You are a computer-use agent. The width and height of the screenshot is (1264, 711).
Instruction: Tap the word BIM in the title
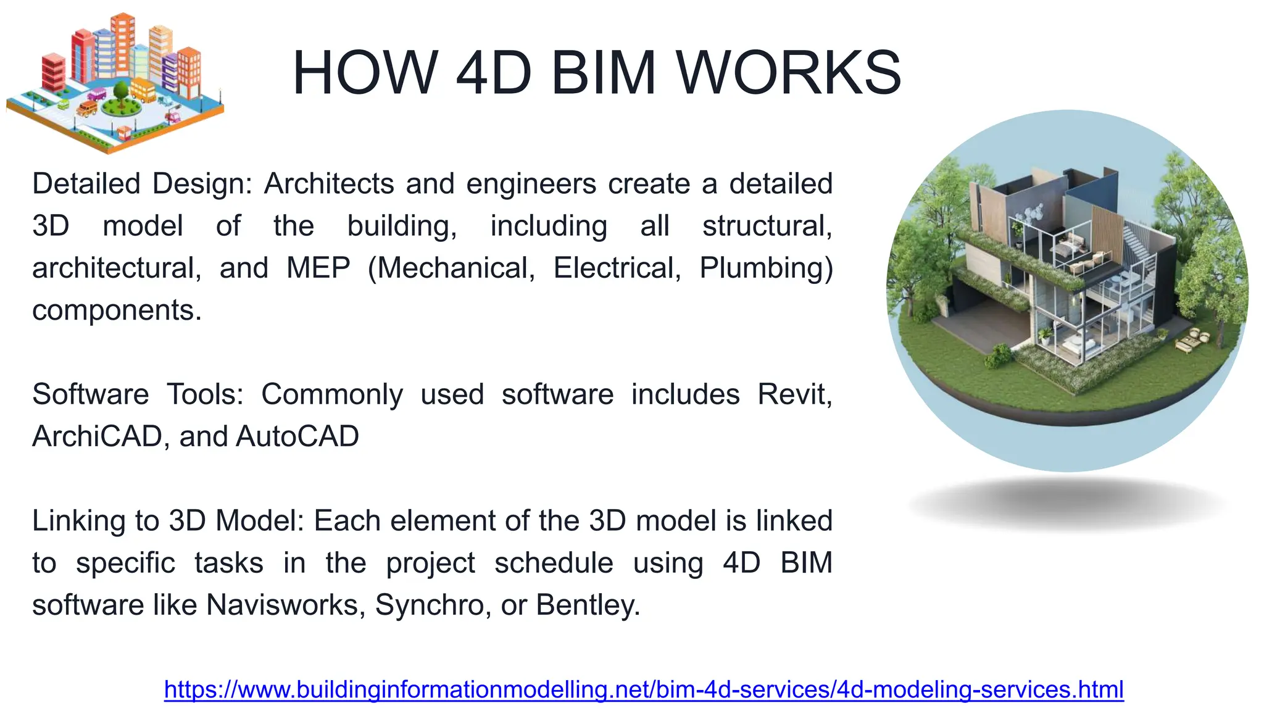[x=603, y=73]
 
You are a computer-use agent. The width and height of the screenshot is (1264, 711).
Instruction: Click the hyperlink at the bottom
[x=644, y=689]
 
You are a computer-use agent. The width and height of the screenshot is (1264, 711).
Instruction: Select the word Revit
[x=794, y=394]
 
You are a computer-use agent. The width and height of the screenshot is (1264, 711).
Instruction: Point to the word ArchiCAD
[x=97, y=436]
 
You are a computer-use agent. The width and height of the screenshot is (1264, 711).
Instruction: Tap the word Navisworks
[x=282, y=605]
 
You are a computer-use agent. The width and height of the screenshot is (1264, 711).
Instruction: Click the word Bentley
[x=587, y=605]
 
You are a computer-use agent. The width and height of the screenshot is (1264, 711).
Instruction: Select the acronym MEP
[x=318, y=268]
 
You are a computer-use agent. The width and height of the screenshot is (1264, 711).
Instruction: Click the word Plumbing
[x=765, y=268]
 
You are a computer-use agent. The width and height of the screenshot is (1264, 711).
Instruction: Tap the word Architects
[x=329, y=184]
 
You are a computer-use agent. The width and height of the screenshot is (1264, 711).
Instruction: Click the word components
[x=117, y=310]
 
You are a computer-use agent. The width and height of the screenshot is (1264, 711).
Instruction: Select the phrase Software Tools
[x=138, y=394]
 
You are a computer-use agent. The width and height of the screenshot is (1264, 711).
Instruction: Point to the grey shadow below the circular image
[x=1068, y=503]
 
